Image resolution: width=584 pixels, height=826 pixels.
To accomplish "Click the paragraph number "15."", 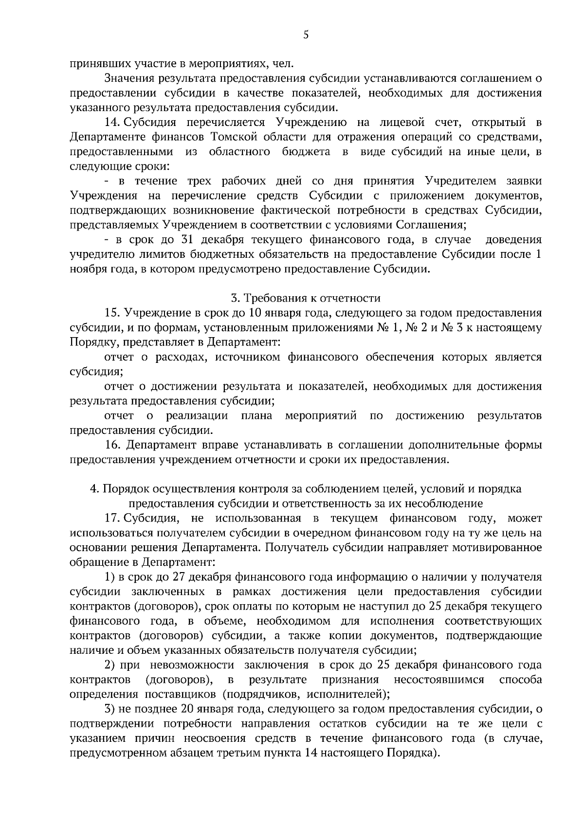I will click(x=112, y=313).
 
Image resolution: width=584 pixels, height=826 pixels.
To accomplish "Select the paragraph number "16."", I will click(x=113, y=445).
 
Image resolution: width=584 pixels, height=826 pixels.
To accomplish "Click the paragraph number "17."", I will click(x=113, y=519).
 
